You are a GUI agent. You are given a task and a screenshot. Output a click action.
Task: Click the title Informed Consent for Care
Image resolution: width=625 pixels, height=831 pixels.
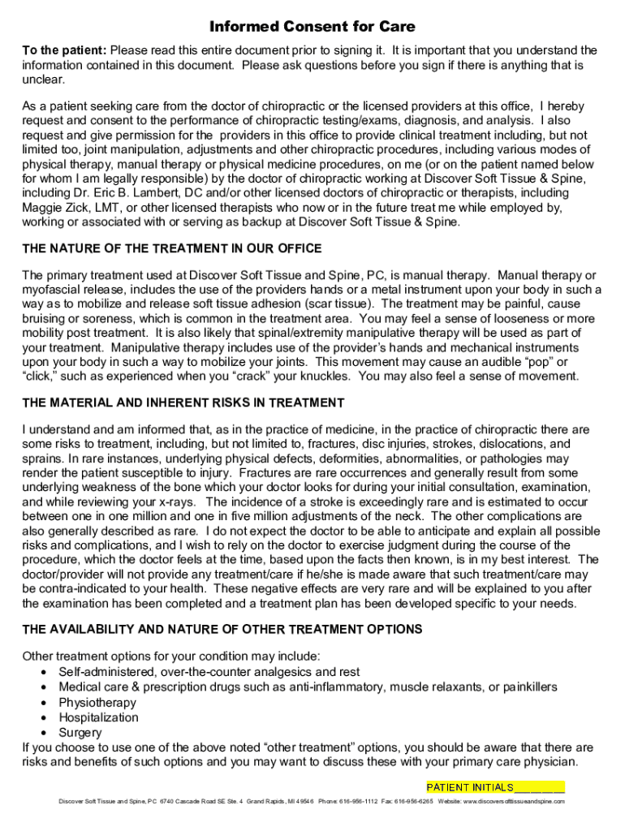[x=312, y=28]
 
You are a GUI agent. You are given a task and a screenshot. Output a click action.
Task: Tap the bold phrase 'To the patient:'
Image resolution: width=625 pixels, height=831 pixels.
[x=64, y=50]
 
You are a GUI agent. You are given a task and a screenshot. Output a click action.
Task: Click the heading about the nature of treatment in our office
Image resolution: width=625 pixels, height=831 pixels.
[x=172, y=248]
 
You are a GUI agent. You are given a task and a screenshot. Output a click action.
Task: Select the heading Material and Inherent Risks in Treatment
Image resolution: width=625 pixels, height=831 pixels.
[x=183, y=403]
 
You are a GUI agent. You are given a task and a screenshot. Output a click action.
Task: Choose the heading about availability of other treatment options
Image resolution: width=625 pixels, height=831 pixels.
[x=222, y=629]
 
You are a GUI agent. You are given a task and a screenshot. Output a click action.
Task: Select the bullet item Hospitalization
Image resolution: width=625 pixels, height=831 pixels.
[x=98, y=717]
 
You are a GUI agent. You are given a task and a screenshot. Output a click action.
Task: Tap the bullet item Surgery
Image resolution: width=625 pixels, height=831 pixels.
[x=80, y=732]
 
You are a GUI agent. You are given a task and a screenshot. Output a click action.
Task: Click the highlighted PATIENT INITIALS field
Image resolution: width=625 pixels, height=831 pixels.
[x=495, y=787]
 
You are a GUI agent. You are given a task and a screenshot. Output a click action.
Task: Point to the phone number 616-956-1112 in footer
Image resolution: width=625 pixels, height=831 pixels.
[x=358, y=802]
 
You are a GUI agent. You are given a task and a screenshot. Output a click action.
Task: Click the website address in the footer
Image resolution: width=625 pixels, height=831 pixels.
[x=513, y=802]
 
